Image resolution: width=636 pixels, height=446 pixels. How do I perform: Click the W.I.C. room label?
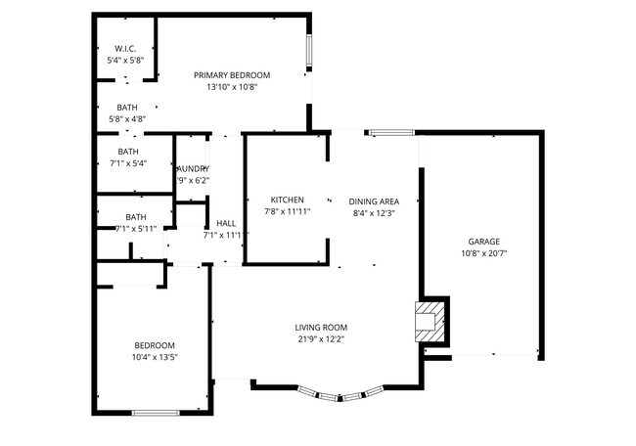pyautogui.click(x=126, y=48)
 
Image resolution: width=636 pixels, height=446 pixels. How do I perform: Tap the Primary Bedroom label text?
pyautogui.click(x=232, y=75)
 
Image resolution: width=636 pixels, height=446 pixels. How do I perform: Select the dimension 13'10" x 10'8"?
pyautogui.click(x=232, y=87)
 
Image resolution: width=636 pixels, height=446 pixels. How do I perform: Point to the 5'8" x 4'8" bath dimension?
pyautogui.click(x=127, y=119)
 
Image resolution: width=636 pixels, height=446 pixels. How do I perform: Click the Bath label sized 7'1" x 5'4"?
pyautogui.click(x=128, y=152)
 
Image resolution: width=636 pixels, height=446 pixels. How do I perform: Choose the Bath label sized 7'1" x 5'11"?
pyautogui.click(x=136, y=217)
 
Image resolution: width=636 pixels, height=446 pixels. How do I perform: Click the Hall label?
pyautogui.click(x=226, y=223)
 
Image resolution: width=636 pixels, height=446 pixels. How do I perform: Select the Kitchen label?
pyautogui.click(x=287, y=200)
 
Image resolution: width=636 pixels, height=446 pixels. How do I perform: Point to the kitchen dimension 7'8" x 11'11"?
pyautogui.click(x=287, y=211)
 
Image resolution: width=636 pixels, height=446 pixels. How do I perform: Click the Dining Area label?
pyautogui.click(x=374, y=201)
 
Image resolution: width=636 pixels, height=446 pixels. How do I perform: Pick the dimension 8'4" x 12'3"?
pyautogui.click(x=374, y=212)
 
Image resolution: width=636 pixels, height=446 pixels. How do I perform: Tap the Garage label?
pyautogui.click(x=483, y=241)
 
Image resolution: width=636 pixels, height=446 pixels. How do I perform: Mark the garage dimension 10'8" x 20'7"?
pyautogui.click(x=483, y=252)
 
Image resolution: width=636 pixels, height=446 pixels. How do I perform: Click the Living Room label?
pyautogui.click(x=322, y=328)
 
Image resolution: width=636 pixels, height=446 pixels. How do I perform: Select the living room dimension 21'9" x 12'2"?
pyautogui.click(x=322, y=339)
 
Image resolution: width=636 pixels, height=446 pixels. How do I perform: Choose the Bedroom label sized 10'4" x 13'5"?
pyautogui.click(x=155, y=345)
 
